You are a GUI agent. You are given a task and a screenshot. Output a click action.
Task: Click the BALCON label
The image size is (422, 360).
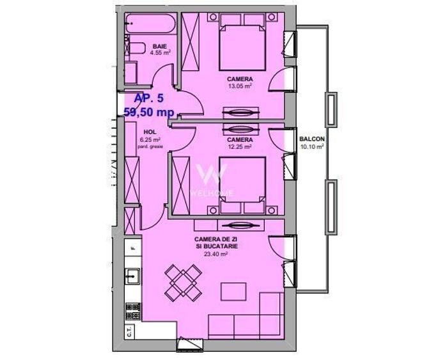[x=312, y=139]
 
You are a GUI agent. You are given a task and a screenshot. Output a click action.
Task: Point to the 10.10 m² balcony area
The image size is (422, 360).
[x=312, y=146]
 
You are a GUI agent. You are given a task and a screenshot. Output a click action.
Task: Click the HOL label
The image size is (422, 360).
[x=150, y=133]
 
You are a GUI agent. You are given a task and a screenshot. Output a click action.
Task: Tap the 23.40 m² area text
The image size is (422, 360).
[x=216, y=253]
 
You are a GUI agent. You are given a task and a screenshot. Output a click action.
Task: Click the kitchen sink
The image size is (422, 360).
[x=133, y=276]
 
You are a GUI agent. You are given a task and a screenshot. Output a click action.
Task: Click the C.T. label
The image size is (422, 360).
[x=129, y=332]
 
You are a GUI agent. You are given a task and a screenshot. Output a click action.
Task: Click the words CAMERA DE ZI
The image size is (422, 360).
[x=216, y=240]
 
